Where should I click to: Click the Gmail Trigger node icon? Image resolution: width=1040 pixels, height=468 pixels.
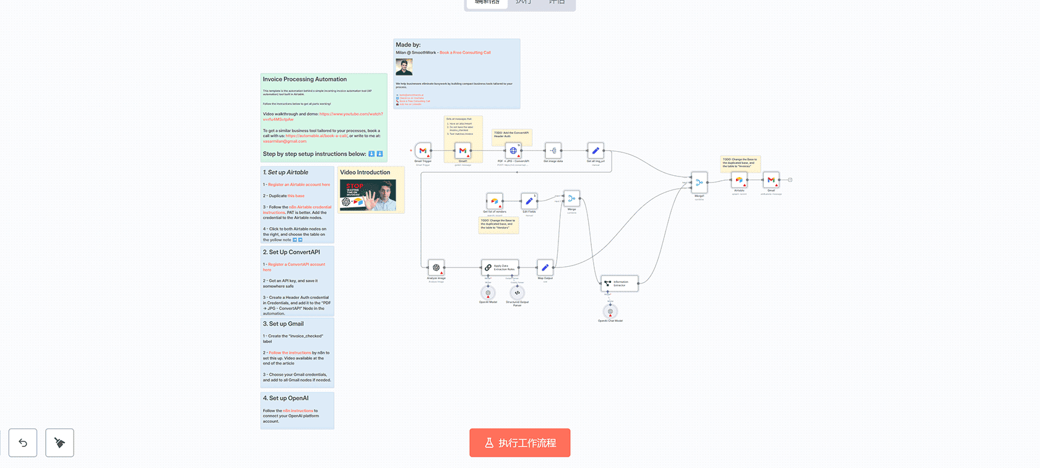[x=423, y=150]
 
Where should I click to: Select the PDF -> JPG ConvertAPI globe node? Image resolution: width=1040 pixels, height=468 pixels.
[x=513, y=150]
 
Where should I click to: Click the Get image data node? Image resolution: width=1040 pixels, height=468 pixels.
[x=553, y=150]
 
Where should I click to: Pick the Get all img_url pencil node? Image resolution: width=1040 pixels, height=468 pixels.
[x=595, y=150]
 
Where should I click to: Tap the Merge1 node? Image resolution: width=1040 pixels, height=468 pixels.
[x=699, y=182]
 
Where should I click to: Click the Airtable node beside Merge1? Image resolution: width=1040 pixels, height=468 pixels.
[x=739, y=180]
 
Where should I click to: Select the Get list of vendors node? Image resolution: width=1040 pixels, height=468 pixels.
[x=495, y=201]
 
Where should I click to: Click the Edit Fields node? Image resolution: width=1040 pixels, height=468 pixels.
[x=529, y=201]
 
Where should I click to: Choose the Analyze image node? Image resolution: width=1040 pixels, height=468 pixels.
[x=436, y=267]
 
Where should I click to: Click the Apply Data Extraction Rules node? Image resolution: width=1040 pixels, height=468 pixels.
[x=500, y=267]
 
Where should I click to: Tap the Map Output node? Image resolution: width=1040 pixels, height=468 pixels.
[x=545, y=267]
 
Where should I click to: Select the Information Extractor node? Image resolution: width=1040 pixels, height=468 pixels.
[x=619, y=284]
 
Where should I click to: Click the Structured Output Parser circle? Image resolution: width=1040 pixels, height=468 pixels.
[x=517, y=293]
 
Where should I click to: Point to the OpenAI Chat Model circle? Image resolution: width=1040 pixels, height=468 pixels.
[x=610, y=311]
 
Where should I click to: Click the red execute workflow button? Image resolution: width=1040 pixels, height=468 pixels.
[x=519, y=443]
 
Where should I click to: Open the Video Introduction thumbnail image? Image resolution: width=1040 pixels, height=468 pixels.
[x=368, y=196]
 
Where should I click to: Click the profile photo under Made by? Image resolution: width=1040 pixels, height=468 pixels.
[x=404, y=67]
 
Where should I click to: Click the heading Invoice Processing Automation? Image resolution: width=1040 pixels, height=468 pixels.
[x=305, y=79]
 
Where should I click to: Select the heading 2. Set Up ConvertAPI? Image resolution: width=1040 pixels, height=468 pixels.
[x=291, y=252]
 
